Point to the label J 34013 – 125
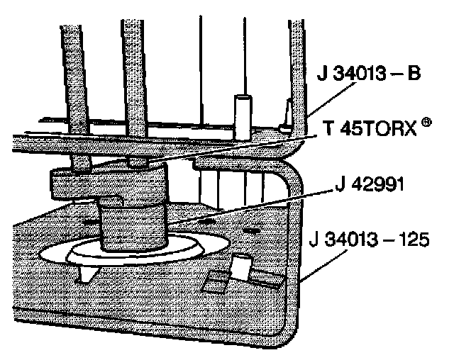point(370,239)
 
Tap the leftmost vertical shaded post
point(71,85)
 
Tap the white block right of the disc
point(241,267)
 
